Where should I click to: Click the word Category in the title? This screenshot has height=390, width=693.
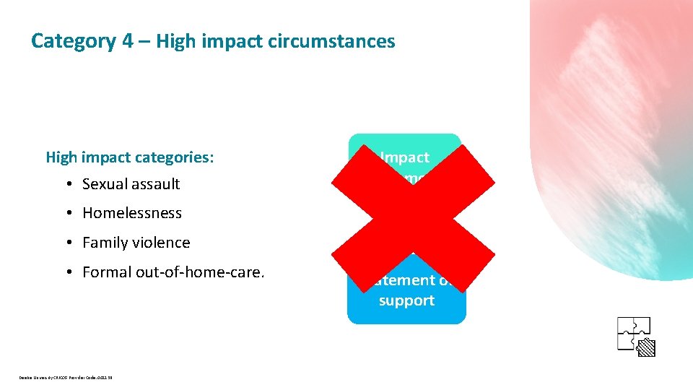pyautogui.click(x=73, y=41)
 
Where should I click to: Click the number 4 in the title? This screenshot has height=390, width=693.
pyautogui.click(x=127, y=41)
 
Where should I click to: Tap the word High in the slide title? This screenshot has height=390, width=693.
pyautogui.click(x=170, y=41)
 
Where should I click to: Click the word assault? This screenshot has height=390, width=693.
pyautogui.click(x=157, y=184)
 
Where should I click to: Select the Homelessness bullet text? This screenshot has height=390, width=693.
pyautogui.click(x=132, y=213)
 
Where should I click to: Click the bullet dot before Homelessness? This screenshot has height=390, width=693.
pyautogui.click(x=66, y=214)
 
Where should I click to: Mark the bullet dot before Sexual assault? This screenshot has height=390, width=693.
pyautogui.click(x=66, y=184)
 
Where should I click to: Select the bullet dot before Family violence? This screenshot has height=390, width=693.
pyautogui.click(x=66, y=243)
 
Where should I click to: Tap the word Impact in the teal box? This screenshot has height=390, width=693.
pyautogui.click(x=405, y=157)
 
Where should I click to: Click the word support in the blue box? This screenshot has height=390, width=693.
pyautogui.click(x=406, y=300)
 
